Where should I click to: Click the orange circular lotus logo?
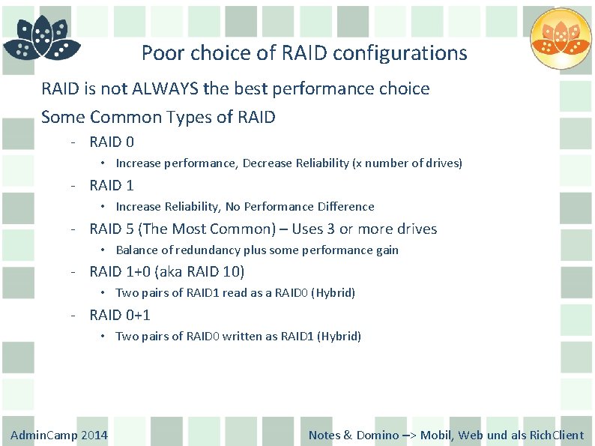click(x=561, y=39)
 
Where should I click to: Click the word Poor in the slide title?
click(x=157, y=53)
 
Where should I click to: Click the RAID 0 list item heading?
click(x=112, y=142)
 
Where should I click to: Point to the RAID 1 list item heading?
click(x=112, y=185)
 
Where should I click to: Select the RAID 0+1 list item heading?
click(x=120, y=316)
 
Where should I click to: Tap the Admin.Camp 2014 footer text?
click(x=59, y=435)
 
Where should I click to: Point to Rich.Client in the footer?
click(x=557, y=435)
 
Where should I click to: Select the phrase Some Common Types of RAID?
click(x=158, y=117)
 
